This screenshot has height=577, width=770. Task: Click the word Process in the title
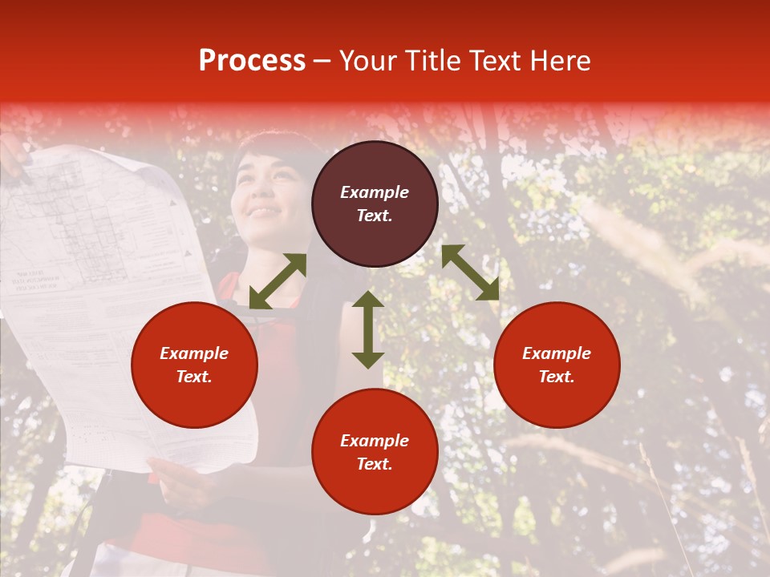click(x=252, y=61)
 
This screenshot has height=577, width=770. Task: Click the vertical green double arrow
click(x=368, y=329)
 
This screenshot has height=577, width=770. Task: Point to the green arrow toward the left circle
click(x=278, y=281)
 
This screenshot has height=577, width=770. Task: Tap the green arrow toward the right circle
click(x=470, y=272)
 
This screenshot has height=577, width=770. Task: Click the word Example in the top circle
click(x=375, y=192)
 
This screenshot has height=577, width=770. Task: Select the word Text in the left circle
click(x=194, y=377)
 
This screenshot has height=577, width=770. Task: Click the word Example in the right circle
click(x=557, y=353)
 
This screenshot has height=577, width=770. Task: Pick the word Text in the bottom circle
click(x=375, y=464)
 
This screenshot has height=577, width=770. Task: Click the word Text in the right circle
click(x=557, y=377)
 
